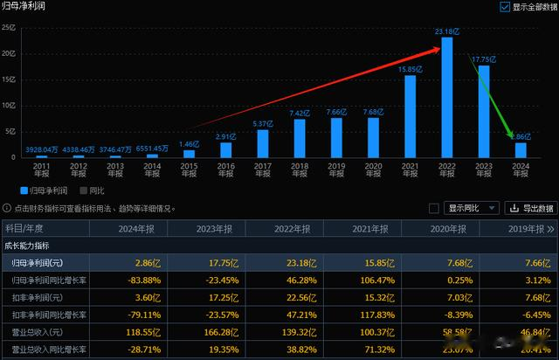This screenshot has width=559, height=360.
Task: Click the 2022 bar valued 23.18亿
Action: (x=447, y=97)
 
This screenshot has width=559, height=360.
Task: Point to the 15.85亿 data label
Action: (x=410, y=69)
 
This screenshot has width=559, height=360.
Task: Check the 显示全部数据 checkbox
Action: (x=505, y=7)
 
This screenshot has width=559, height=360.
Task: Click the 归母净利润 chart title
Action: (x=25, y=7)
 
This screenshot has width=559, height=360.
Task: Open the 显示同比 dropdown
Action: (x=473, y=208)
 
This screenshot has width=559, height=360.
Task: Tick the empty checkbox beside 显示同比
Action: (x=434, y=208)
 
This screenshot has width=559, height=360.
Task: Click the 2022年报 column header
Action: (x=289, y=228)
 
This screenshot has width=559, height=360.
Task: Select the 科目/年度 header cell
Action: (x=31, y=228)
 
